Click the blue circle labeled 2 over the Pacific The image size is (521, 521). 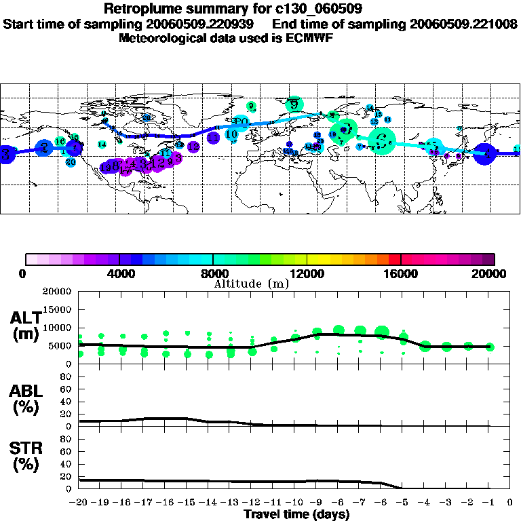point(44,148)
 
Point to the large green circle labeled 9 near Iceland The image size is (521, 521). point(294,104)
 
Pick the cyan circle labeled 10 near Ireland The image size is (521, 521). point(231,135)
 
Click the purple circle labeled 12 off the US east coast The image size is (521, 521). point(193,147)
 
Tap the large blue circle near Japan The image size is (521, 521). point(486,154)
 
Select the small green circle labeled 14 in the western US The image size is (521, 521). point(102,144)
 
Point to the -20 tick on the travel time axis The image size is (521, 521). point(79,502)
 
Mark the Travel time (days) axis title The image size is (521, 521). point(296,514)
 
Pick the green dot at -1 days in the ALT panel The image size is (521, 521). point(490,347)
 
